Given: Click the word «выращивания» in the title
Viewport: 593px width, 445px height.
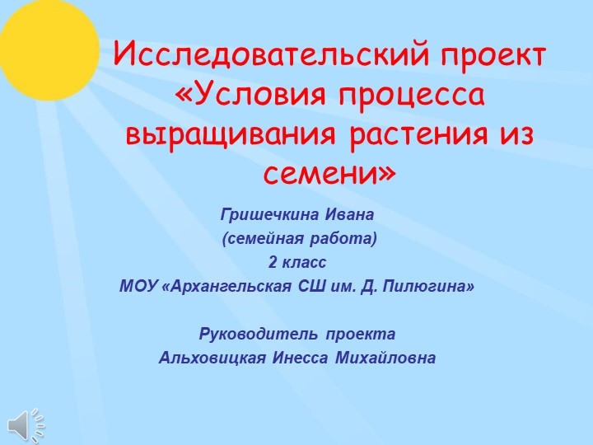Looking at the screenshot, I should (x=226, y=133).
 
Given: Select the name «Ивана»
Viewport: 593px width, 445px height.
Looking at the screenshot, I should (x=349, y=216).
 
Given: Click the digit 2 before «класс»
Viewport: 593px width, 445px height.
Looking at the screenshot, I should (x=272, y=264).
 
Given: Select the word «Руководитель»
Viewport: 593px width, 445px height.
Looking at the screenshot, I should (x=259, y=335).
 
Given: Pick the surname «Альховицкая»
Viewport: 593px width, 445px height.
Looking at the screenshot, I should (x=212, y=358).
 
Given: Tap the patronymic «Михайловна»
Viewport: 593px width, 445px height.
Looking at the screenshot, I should (x=385, y=358).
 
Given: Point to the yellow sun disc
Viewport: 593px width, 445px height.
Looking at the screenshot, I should (x=45, y=45).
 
